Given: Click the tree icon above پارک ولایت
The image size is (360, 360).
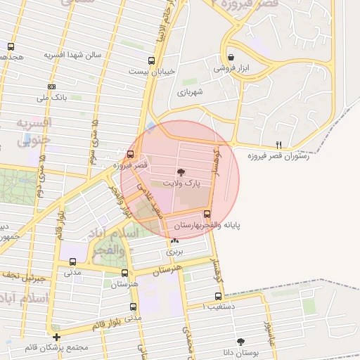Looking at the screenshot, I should [x=181, y=172].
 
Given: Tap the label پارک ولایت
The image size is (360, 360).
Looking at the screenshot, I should [x=181, y=183].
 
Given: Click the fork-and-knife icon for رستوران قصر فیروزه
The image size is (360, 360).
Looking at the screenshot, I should [x=278, y=144].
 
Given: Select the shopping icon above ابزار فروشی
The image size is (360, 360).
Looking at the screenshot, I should [x=231, y=56].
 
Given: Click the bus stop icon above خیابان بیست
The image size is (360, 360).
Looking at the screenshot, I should [x=151, y=60].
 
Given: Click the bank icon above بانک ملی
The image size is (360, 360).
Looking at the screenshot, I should [x=51, y=86].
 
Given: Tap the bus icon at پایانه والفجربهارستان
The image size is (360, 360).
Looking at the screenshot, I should [x=206, y=214].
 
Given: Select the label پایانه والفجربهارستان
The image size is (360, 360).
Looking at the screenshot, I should [x=207, y=225].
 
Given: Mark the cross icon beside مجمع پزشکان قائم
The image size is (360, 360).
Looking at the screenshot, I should [x=56, y=337].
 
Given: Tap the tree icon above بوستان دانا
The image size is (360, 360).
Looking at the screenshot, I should [x=241, y=341].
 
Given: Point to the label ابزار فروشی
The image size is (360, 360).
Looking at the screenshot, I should [x=232, y=68].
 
